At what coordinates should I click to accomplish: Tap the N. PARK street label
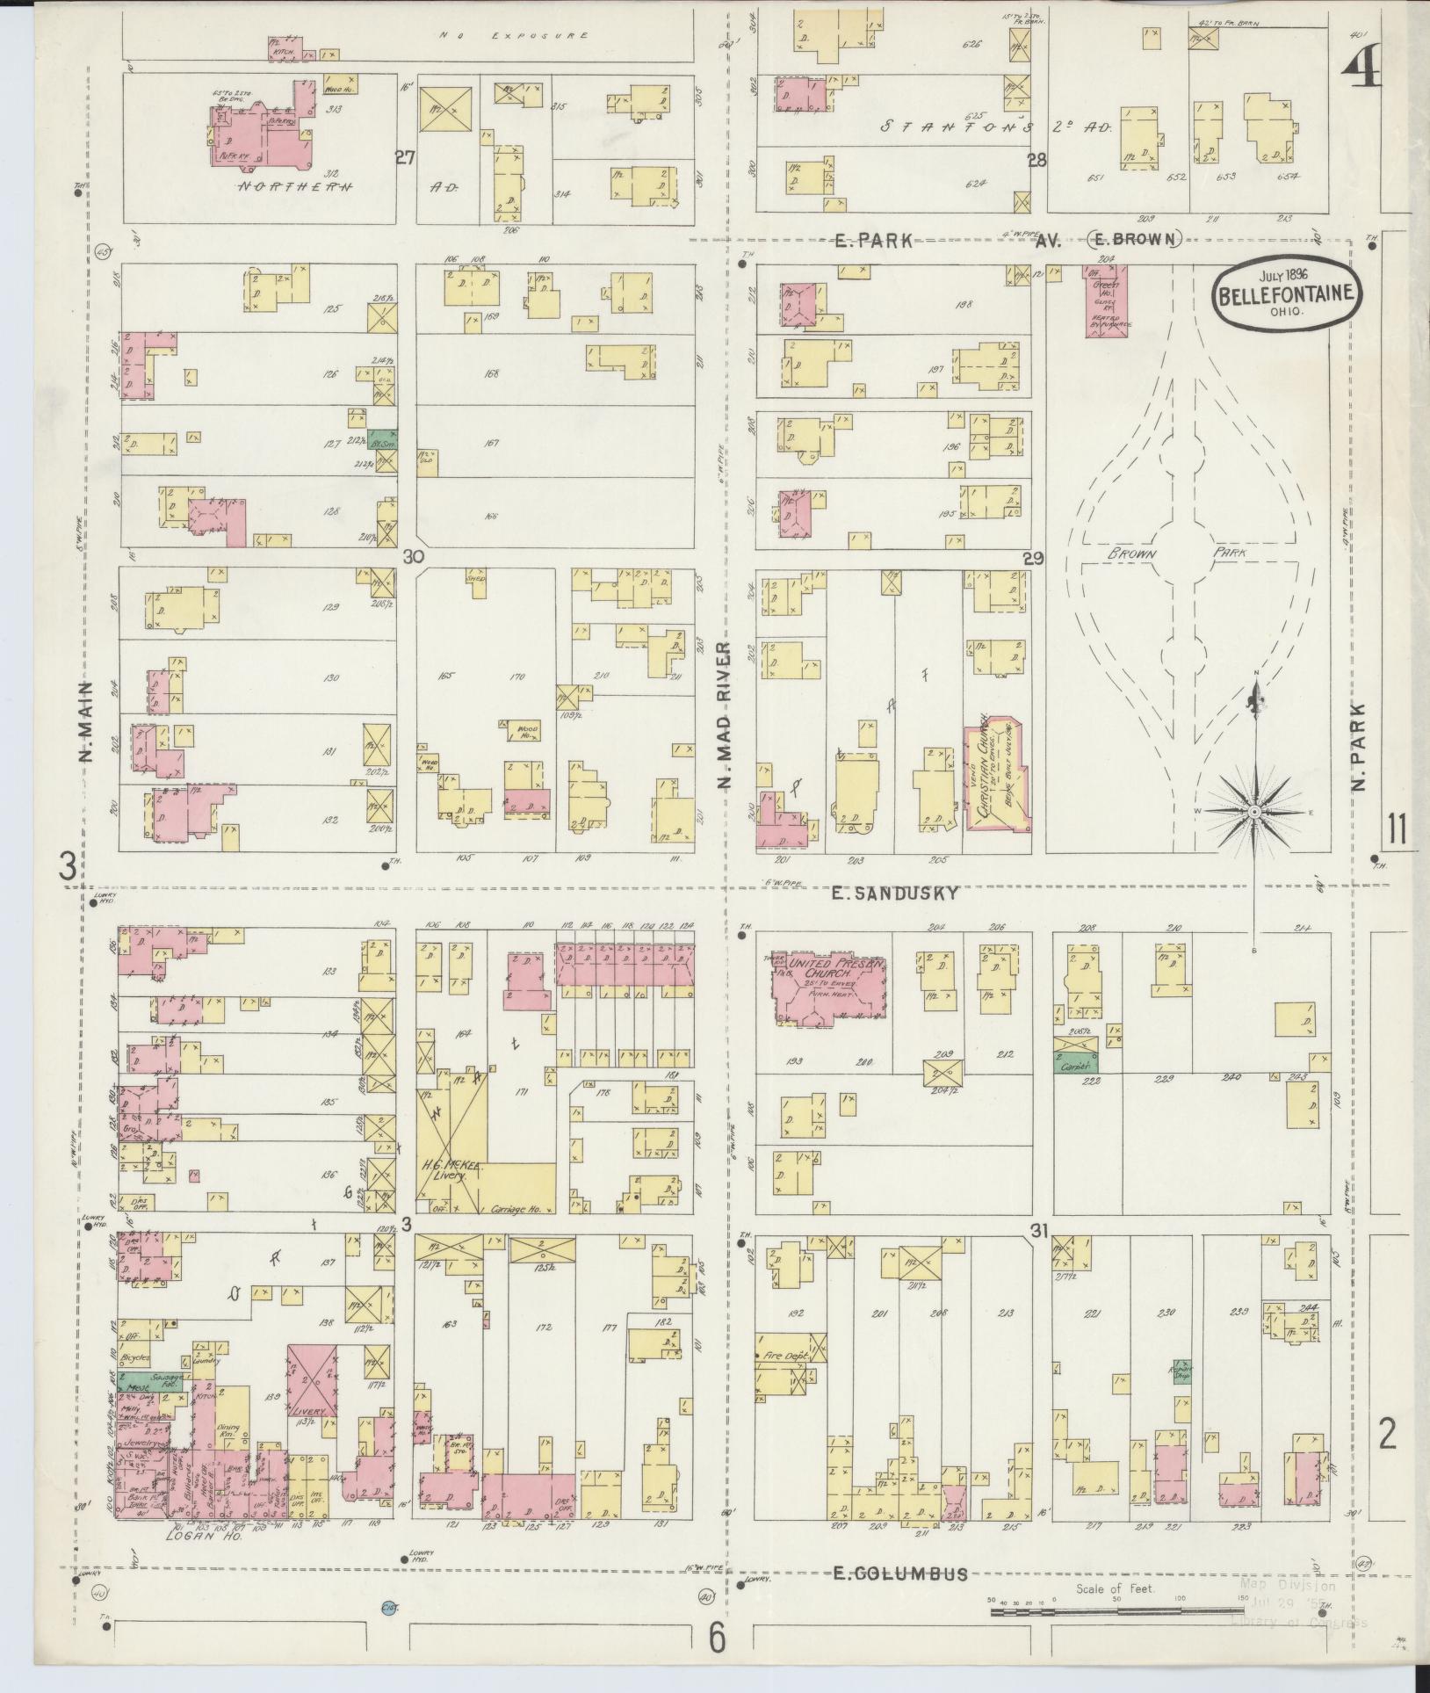(1359, 748)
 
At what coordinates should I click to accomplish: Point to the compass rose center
(1255, 812)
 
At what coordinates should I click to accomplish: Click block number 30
(413, 556)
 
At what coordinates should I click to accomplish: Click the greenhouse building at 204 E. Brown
(1105, 301)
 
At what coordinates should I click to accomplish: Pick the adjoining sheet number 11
(1397, 828)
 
